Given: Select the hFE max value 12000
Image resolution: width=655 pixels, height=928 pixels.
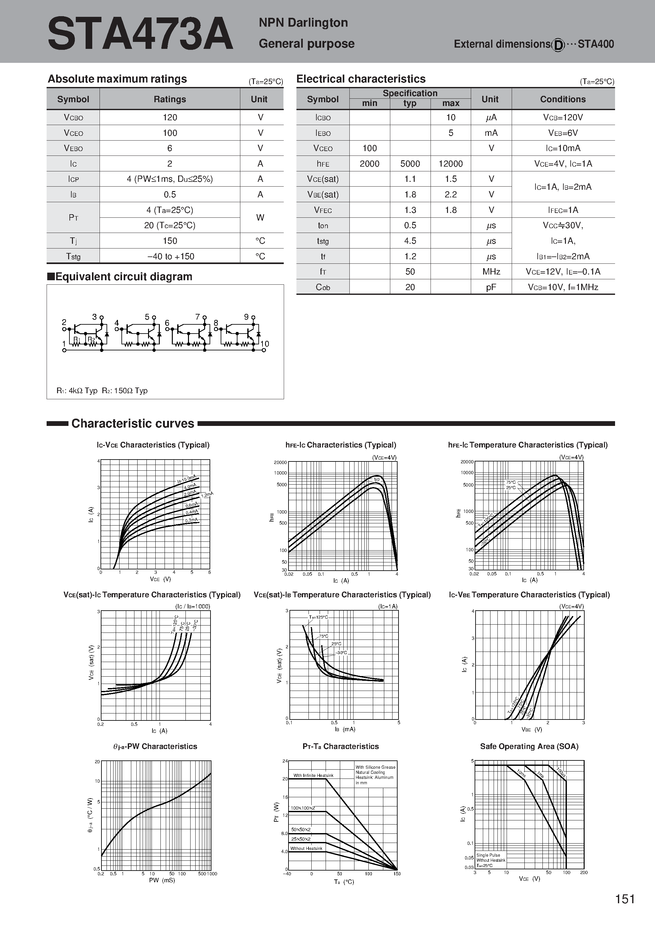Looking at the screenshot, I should [450, 164].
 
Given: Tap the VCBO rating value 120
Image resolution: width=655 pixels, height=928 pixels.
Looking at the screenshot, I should [170, 117].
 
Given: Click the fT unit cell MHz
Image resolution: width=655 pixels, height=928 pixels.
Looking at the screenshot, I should [491, 272].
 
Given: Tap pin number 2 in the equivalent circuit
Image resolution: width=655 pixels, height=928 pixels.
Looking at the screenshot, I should [64, 322].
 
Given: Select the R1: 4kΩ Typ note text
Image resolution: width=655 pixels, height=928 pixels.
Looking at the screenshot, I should [77, 390].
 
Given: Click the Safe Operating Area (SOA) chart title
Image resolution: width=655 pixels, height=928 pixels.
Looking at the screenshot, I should [529, 746].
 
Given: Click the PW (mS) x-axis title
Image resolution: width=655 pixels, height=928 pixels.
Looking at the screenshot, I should [156, 880].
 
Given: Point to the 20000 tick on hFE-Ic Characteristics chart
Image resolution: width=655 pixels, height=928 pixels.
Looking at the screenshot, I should [280, 462].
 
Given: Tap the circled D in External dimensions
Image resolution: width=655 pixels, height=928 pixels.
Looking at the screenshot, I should [558, 45].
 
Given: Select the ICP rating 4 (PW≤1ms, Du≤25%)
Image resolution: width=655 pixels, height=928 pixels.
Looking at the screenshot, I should [170, 179].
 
